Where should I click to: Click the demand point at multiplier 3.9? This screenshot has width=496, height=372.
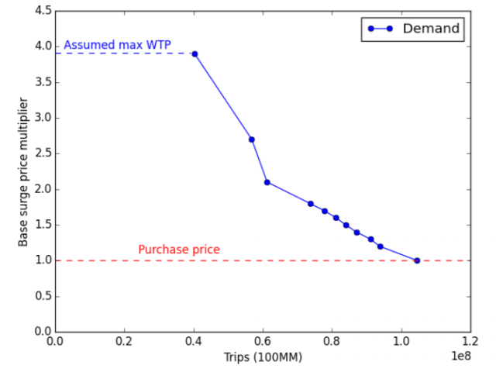[195, 53]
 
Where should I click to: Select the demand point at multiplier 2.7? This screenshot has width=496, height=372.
[251, 139]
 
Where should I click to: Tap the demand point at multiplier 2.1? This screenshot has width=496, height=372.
[267, 182]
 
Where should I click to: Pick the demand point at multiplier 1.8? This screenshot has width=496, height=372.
[310, 204]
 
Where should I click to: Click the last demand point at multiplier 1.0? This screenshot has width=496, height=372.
[417, 260]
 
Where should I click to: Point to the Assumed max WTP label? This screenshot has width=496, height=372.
[117, 45]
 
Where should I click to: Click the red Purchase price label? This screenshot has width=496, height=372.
[179, 250]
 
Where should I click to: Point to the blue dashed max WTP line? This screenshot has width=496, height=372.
[124, 53]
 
